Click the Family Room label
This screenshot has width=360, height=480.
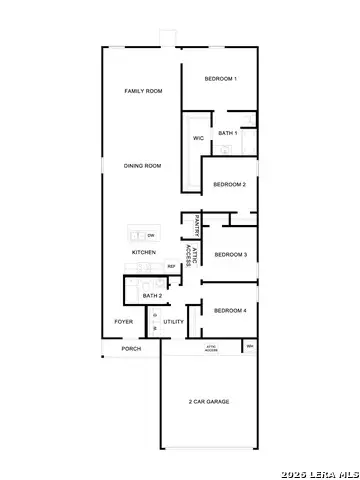[x=143, y=91]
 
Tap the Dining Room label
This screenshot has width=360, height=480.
[x=142, y=166]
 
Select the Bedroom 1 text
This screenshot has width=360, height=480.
[x=220, y=79]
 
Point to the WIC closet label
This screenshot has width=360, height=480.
[x=198, y=138]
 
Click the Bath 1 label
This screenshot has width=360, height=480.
[x=227, y=133]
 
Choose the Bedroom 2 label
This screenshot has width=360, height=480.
[x=230, y=184]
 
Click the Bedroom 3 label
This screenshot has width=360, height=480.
[x=231, y=254]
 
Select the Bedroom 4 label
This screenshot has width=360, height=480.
[x=231, y=310]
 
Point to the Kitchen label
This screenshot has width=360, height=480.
[x=144, y=252]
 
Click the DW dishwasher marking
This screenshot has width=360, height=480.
[x=150, y=235]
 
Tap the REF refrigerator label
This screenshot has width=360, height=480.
[x=171, y=266]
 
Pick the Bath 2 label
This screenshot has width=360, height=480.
[x=152, y=296]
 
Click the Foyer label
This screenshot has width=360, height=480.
[x=123, y=322]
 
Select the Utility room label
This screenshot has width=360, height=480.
[x=174, y=322]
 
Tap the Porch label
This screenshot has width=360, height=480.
[x=131, y=349]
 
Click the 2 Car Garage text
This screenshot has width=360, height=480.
[x=209, y=401]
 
